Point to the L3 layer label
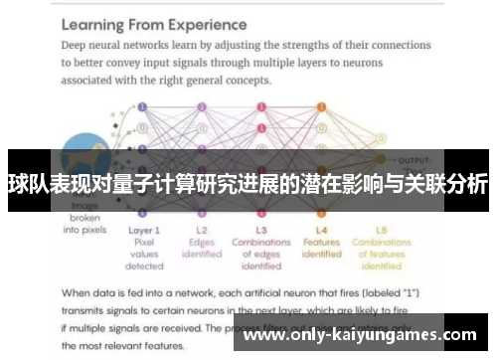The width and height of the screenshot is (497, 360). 260,230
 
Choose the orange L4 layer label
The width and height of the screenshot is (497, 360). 321,230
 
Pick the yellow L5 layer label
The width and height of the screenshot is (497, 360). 381,230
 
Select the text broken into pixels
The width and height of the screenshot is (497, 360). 85,223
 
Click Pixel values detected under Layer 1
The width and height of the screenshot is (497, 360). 144,254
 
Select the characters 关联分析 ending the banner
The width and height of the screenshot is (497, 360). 446,184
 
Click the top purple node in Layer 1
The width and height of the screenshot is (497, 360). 143,105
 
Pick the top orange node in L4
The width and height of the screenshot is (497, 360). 321,105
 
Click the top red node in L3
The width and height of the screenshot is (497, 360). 261,105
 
